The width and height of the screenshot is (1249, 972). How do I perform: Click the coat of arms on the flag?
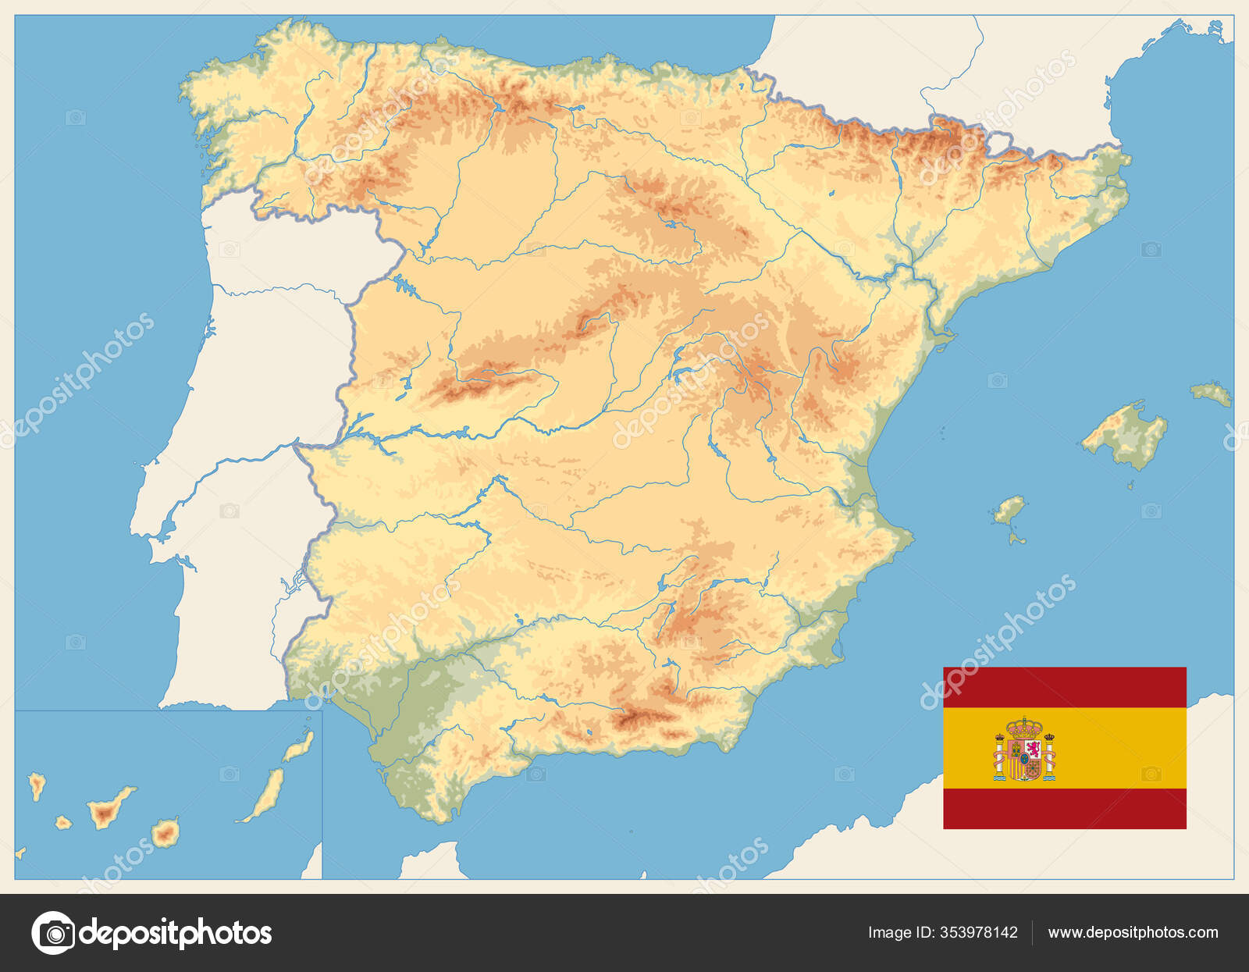[x=1025, y=749]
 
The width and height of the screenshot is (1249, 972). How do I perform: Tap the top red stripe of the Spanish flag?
[x=1064, y=687]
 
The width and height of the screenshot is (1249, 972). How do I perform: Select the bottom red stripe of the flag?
[x=1064, y=808]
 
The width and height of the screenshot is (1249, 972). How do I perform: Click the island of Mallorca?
[x=1128, y=433]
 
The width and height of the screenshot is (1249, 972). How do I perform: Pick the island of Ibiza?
[x=1009, y=510]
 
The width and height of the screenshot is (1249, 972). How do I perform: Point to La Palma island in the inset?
[x=36, y=784]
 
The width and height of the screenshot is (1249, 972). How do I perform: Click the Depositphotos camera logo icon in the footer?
[x=53, y=932]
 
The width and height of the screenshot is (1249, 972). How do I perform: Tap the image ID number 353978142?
[x=980, y=932]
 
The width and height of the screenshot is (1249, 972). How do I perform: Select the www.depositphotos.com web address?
[x=1133, y=932]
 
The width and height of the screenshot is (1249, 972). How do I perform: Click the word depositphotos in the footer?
[x=176, y=932]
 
